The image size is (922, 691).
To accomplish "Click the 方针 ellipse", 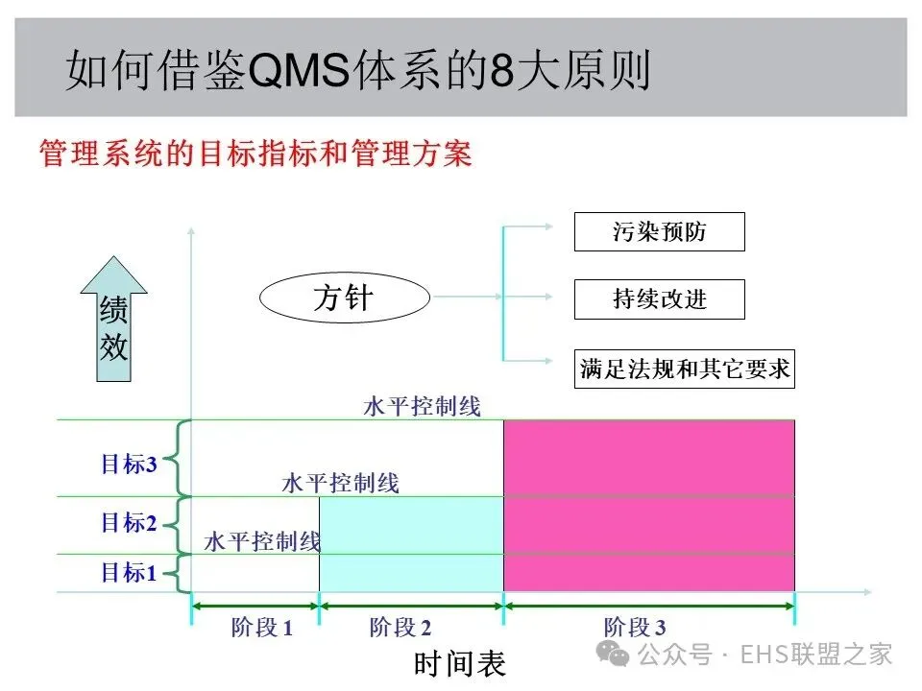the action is click(344, 298).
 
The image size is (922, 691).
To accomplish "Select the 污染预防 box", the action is click(659, 232).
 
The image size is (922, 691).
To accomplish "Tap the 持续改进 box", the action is click(659, 298).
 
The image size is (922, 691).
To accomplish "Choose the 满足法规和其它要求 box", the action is click(685, 369).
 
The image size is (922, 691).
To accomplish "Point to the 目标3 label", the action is click(129, 465).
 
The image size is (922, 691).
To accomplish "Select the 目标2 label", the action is click(129, 523).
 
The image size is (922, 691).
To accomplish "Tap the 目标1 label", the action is click(129, 573).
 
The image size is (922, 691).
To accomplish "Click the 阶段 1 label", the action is click(261, 628).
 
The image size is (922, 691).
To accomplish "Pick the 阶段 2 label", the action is click(400, 628).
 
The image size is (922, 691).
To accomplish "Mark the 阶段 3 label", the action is click(634, 628).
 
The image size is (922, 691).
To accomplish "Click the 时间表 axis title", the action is click(459, 663).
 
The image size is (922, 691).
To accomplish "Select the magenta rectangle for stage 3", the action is click(649, 506).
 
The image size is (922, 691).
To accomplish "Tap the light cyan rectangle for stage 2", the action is click(411, 544).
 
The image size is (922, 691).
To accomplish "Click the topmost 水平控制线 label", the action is click(422, 406).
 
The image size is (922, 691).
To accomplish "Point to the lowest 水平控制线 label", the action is click(262, 541).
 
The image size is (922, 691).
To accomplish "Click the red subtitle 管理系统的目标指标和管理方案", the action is click(255, 154).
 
